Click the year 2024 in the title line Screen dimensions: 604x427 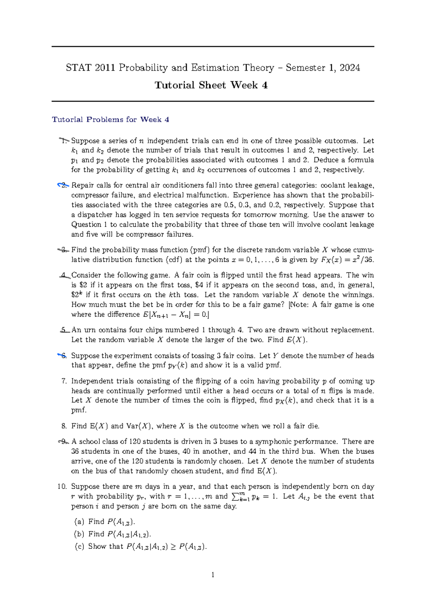(350, 68)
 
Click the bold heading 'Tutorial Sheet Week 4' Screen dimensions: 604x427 (211, 85)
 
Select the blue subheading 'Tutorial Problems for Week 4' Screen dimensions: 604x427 (110, 119)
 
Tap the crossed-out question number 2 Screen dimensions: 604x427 (63, 185)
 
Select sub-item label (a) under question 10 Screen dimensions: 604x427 (79, 522)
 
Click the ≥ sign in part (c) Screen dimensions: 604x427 (173, 546)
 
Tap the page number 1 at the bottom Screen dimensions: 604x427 (213, 574)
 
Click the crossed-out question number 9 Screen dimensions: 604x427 (63, 442)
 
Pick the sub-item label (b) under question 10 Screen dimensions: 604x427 (79, 534)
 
